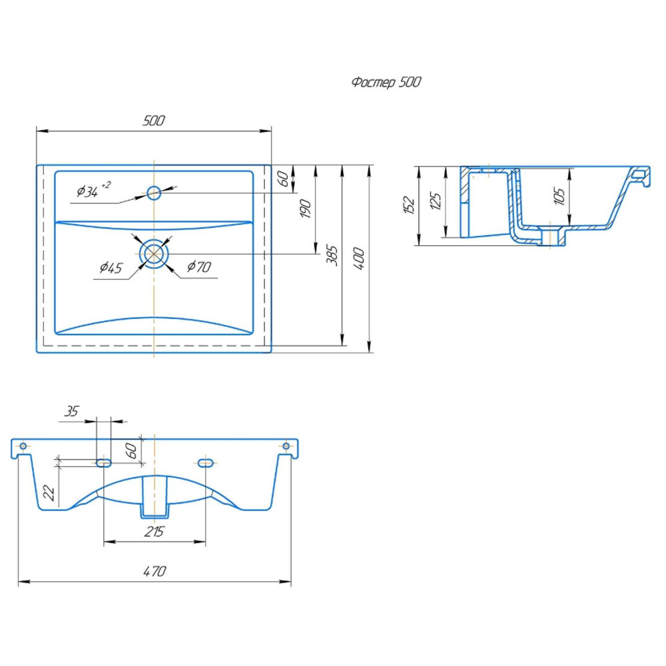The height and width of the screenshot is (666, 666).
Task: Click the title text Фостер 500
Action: tap(386, 81)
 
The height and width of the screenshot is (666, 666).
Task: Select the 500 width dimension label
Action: tap(154, 121)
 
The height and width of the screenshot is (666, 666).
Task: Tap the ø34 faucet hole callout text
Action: tap(93, 190)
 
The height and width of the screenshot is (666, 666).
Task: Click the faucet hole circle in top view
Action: tap(154, 193)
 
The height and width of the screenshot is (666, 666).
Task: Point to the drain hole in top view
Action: tap(154, 254)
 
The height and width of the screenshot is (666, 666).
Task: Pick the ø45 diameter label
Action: tap(111, 268)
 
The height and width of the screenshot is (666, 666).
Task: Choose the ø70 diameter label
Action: tap(198, 266)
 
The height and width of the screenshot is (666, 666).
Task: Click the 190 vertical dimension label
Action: tap(306, 208)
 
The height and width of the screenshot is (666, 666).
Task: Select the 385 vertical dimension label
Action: tap(332, 255)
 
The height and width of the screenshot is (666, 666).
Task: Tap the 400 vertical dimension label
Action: tap(359, 258)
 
